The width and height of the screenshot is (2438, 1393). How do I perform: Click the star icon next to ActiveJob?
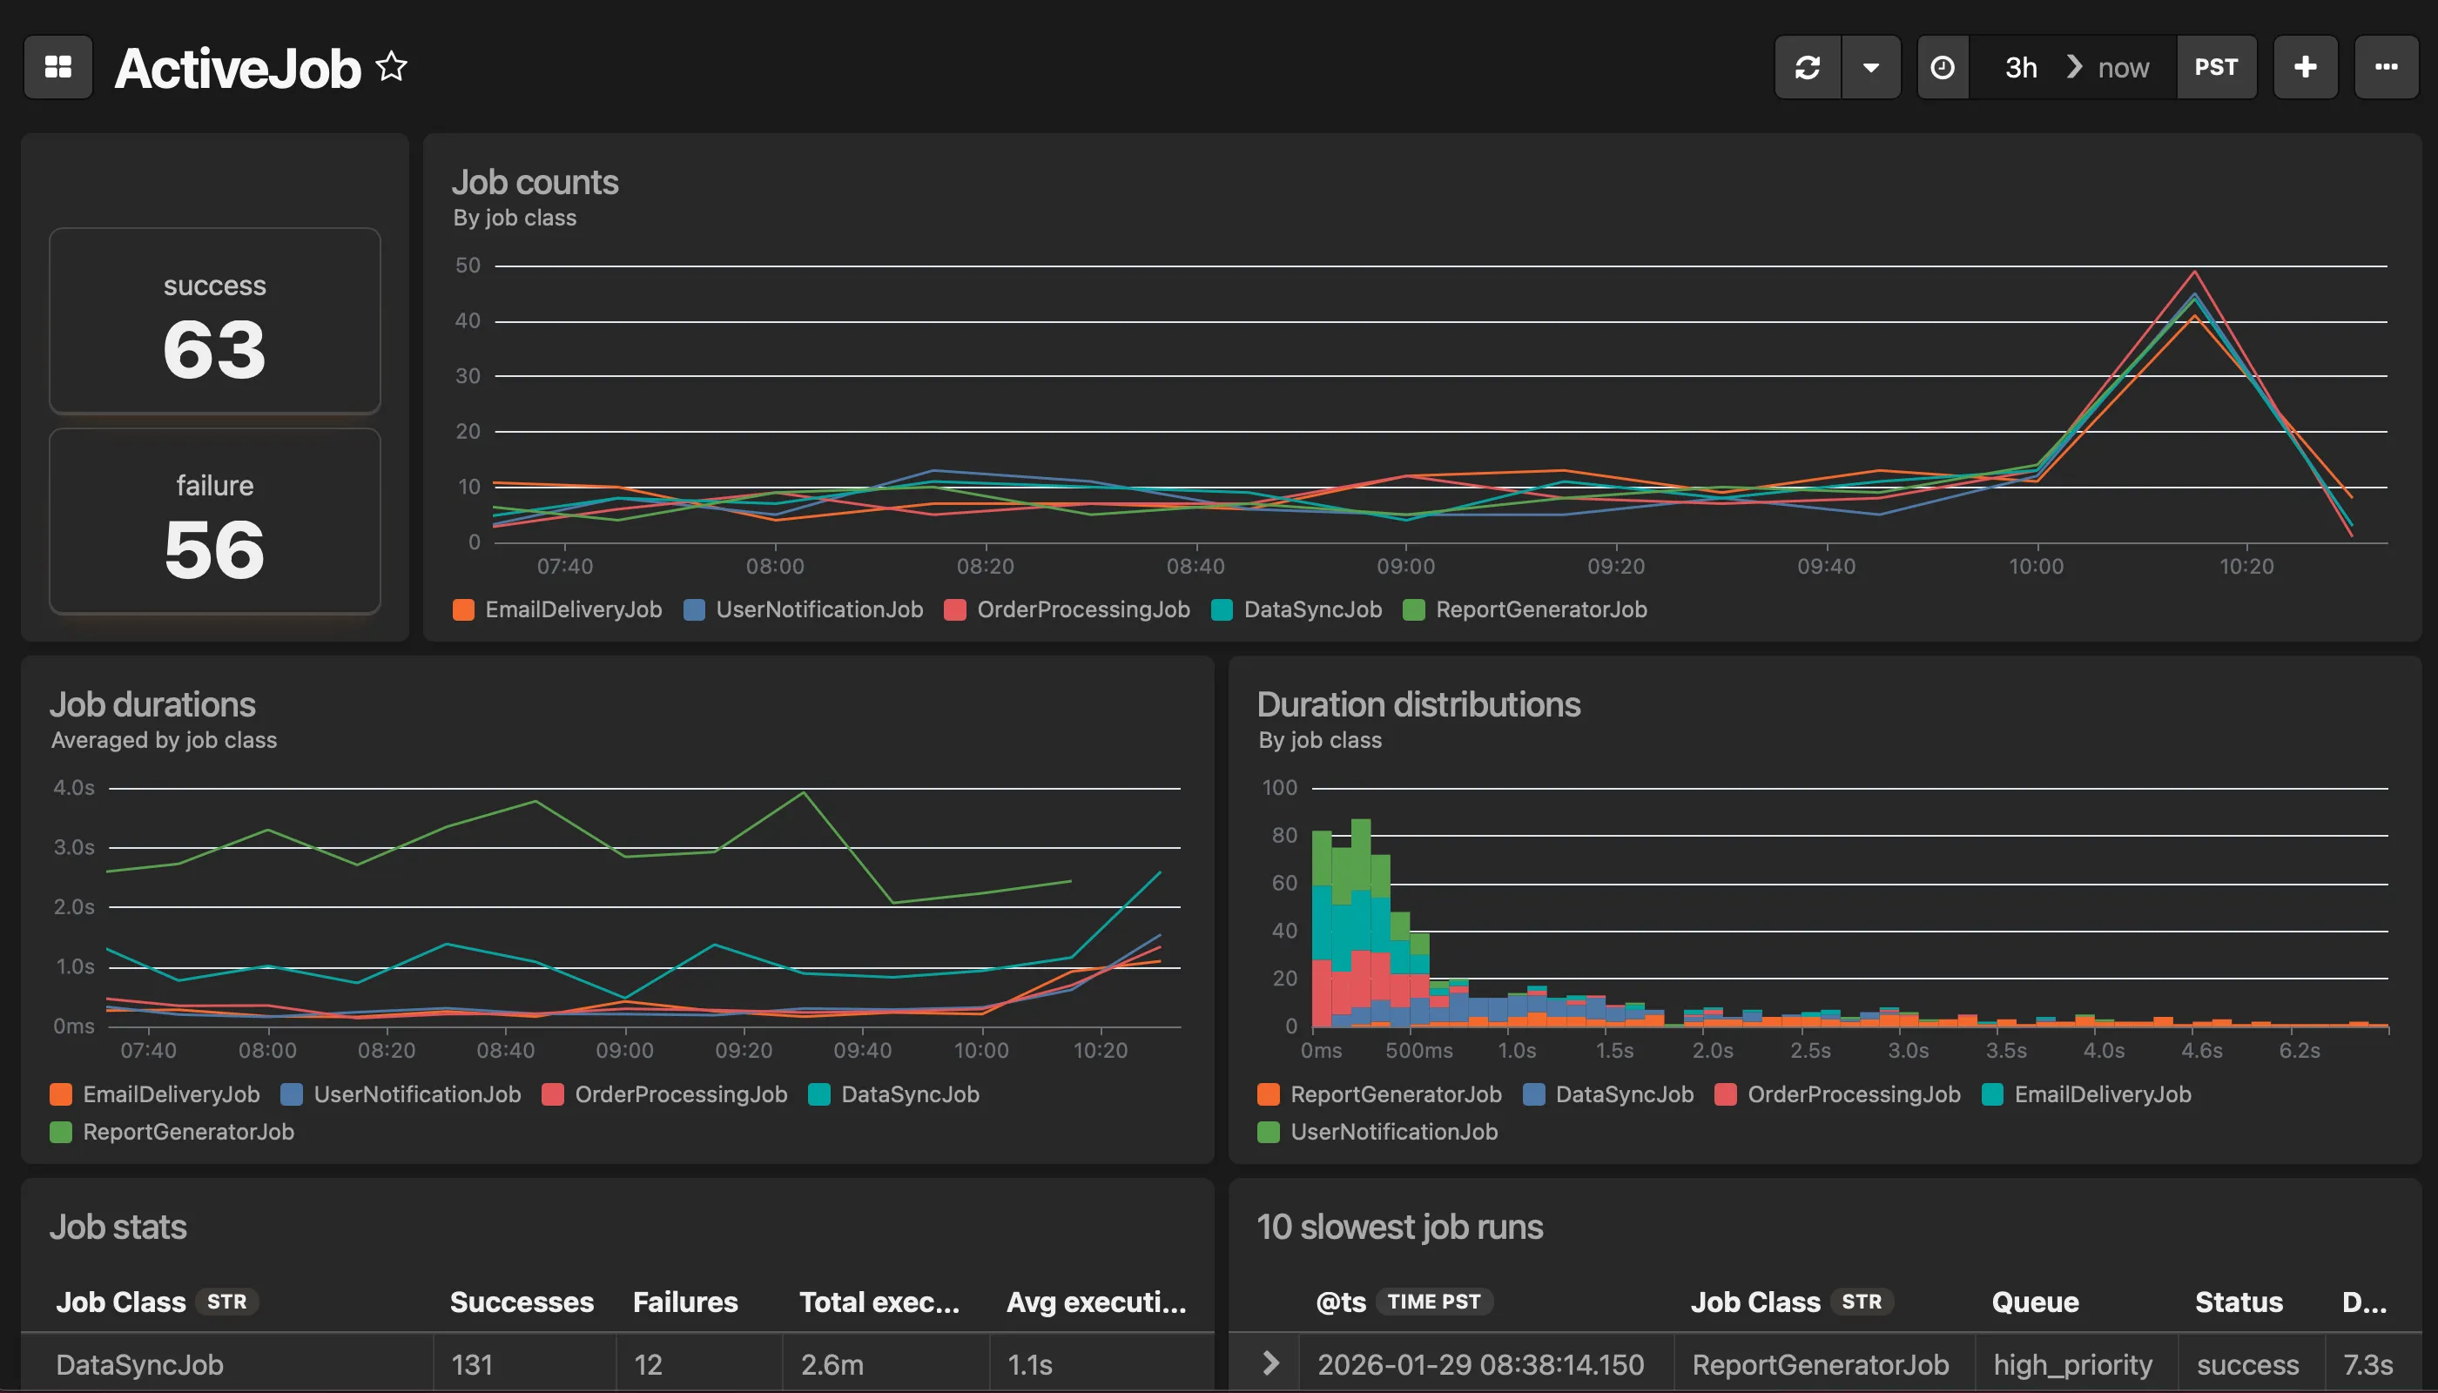tap(391, 67)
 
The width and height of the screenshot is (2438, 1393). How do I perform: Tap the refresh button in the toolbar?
tap(1808, 67)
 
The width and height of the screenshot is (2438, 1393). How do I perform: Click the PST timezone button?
tap(2215, 67)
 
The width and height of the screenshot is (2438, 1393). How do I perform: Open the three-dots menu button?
tap(2386, 67)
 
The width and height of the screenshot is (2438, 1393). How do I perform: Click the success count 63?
tap(214, 349)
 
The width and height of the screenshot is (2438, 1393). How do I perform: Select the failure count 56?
tap(214, 549)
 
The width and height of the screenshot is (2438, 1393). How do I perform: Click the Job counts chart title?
tap(535, 182)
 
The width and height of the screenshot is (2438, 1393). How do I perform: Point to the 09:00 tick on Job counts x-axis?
tap(1405, 565)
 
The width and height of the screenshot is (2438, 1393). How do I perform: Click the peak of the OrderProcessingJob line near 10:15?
tap(2194, 273)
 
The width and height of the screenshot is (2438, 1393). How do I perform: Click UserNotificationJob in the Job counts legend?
tap(818, 609)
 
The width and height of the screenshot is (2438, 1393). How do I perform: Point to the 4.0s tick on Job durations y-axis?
tap(74, 787)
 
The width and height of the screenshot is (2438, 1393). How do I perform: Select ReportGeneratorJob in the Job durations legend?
tap(187, 1132)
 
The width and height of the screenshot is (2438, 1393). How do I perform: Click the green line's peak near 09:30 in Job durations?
tap(804, 793)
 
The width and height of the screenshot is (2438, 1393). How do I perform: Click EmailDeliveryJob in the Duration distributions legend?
tap(2101, 1094)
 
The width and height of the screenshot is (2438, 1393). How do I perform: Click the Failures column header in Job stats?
tap(685, 1302)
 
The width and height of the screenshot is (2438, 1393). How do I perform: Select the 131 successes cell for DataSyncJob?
tap(472, 1363)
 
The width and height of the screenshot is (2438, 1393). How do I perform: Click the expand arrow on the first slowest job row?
tap(1270, 1363)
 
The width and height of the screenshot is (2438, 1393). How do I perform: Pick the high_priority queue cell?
tap(2072, 1363)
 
